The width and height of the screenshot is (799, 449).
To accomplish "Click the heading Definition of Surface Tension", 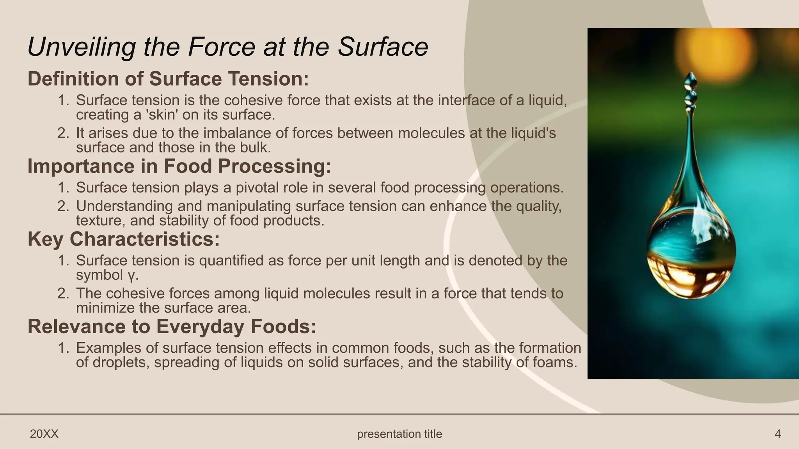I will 168,79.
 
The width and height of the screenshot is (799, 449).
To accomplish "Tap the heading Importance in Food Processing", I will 179,166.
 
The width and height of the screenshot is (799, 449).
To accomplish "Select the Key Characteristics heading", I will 123,239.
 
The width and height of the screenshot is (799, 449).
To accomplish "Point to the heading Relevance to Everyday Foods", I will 172,326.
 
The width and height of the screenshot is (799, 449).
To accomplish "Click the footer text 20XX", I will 44,434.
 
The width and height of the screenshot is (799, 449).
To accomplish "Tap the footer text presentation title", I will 399,434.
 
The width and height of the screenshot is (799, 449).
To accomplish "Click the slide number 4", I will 778,434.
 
